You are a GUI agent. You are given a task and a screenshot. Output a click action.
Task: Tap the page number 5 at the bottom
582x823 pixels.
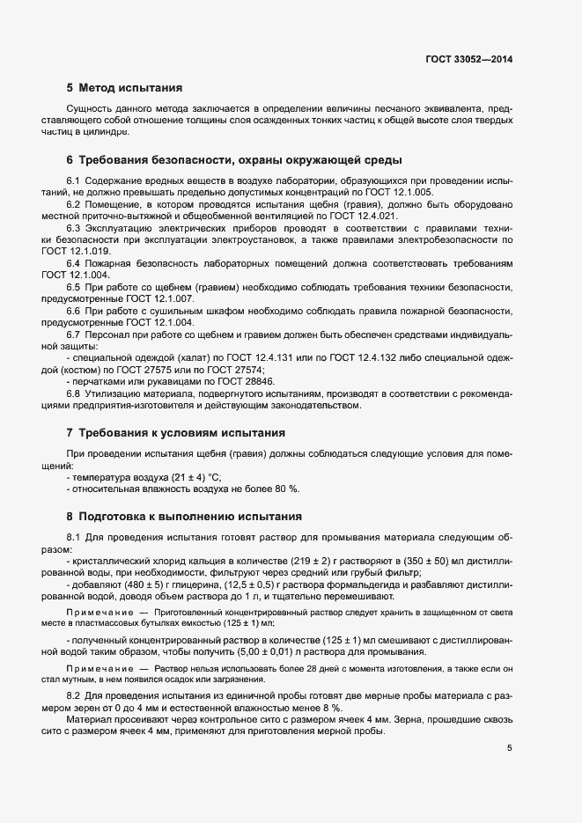pyautogui.click(x=509, y=748)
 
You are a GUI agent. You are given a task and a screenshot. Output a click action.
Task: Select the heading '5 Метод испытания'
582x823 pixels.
pyautogui.click(x=124, y=88)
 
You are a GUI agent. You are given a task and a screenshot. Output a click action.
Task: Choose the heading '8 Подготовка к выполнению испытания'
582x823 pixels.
pyautogui.click(x=184, y=517)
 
